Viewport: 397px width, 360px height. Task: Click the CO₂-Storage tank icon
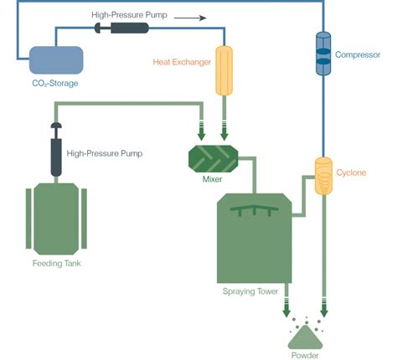[x=57, y=59]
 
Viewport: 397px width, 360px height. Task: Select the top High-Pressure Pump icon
[x=123, y=28]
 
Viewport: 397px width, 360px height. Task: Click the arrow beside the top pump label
[x=191, y=15]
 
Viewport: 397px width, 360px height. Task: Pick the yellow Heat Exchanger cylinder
[x=224, y=69]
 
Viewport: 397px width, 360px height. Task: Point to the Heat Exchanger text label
[x=181, y=62]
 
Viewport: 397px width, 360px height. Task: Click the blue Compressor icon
[x=323, y=54]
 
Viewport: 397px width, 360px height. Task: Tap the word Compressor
[x=358, y=55]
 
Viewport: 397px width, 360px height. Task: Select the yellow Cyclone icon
[x=323, y=176]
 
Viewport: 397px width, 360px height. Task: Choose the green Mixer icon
[x=213, y=157]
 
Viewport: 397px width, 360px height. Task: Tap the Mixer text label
[x=213, y=178]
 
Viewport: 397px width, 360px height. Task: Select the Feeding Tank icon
[x=56, y=218]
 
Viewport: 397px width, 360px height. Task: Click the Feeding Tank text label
[x=56, y=264]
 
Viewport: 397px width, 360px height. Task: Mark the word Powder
[x=305, y=355]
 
